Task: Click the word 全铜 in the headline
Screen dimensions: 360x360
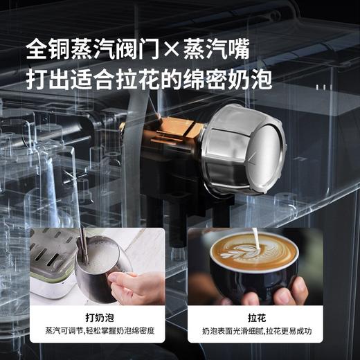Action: click(48, 49)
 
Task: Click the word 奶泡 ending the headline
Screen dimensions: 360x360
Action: click(251, 77)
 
